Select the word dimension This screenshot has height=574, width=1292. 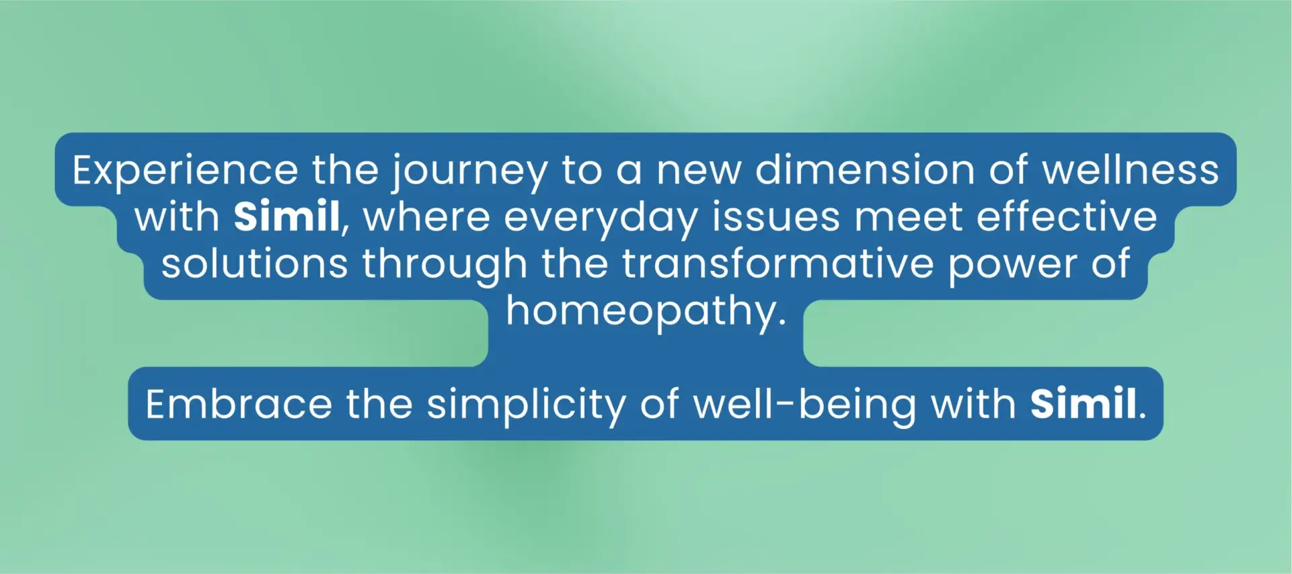click(864, 169)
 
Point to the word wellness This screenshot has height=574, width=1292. click(1131, 169)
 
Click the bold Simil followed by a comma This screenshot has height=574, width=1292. click(287, 216)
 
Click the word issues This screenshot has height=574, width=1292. click(776, 216)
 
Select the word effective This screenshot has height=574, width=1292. click(1067, 216)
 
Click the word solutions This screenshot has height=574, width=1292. click(254, 263)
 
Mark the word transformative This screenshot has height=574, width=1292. click(777, 263)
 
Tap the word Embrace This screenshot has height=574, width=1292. click(239, 404)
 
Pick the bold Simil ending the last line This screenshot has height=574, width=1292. click(1084, 404)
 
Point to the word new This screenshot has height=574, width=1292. click(698, 172)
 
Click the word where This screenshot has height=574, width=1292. click(426, 216)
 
